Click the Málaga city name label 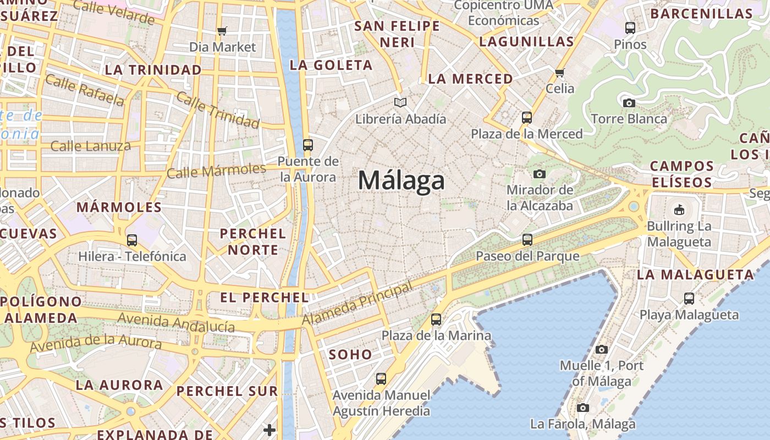[402, 180]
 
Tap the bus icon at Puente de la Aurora [308, 145]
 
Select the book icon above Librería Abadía [400, 102]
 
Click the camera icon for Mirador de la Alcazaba [540, 174]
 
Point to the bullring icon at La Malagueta [679, 210]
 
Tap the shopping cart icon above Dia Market [222, 31]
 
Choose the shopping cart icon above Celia [560, 73]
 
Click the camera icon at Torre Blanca [629, 103]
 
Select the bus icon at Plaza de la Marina [436, 319]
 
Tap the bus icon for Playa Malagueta [689, 299]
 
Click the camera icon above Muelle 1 [602, 349]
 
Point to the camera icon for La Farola [583, 408]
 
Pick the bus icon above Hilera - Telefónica [132, 240]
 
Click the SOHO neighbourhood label [350, 355]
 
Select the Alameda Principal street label [357, 304]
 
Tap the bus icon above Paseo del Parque [527, 240]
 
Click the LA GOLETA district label [331, 65]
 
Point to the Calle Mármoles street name [216, 170]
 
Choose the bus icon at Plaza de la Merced [527, 117]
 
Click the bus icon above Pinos [630, 28]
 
